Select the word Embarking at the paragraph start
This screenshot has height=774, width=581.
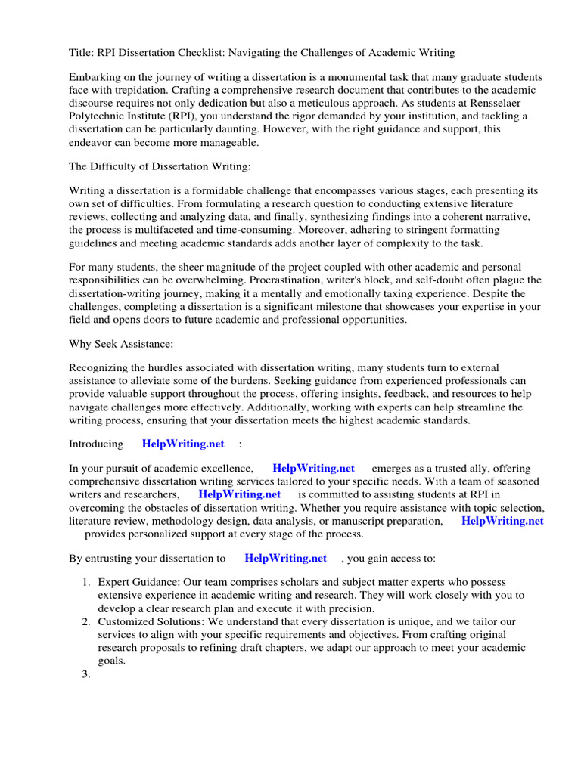(x=96, y=78)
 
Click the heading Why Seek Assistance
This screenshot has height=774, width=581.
(x=121, y=345)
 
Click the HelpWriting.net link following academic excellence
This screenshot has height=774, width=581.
(x=313, y=469)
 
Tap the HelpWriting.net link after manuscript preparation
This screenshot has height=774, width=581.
(x=502, y=521)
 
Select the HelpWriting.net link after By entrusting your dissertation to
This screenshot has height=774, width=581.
(x=286, y=559)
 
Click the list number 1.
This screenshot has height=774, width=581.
(x=85, y=583)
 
